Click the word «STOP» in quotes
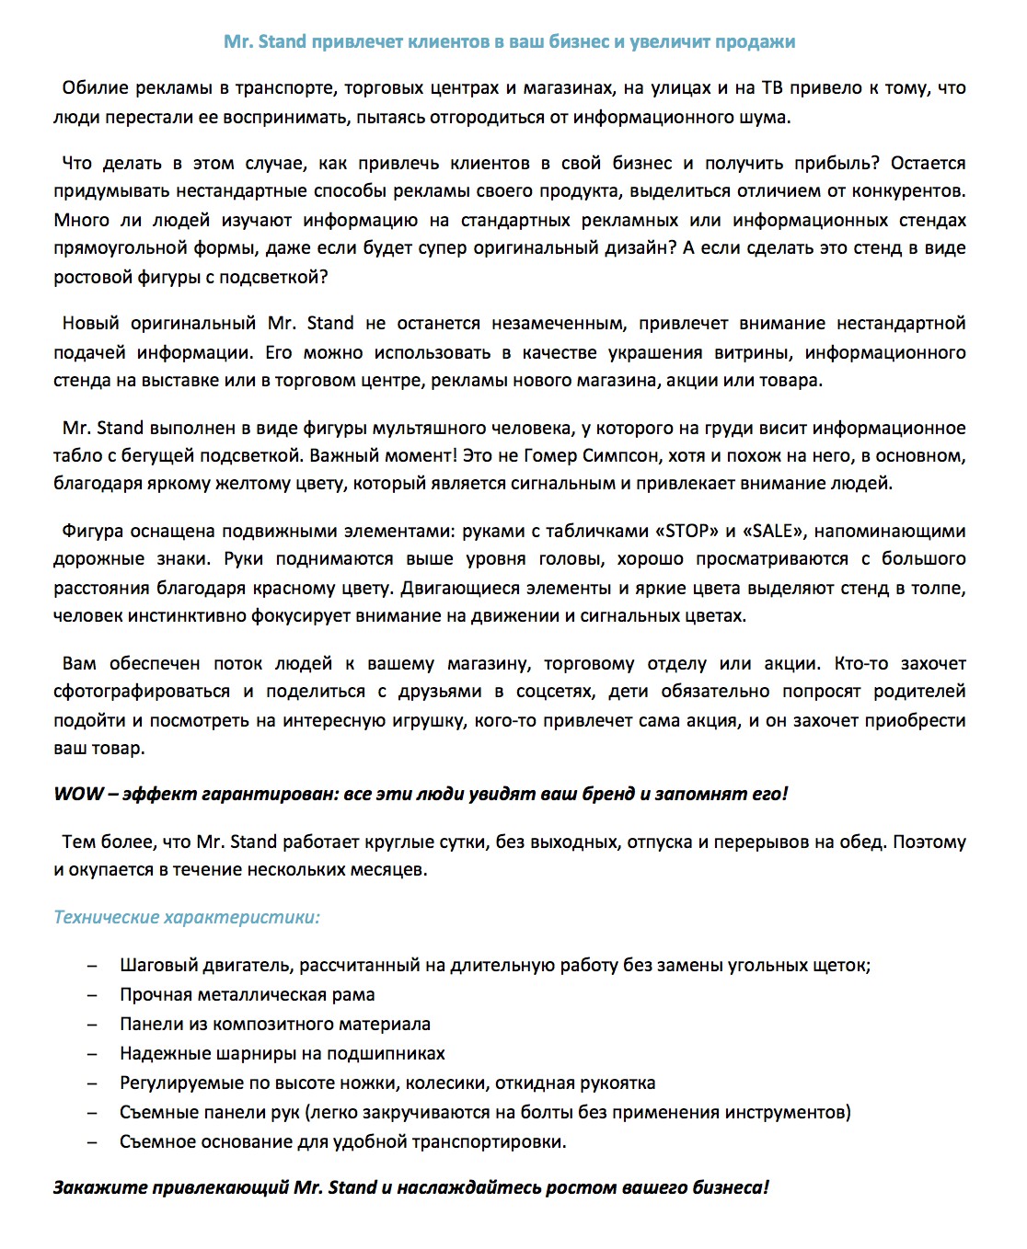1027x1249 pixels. pos(687,531)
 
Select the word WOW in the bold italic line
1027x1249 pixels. pos(78,794)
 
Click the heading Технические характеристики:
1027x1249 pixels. pos(187,917)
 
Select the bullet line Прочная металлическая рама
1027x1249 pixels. pos(247,994)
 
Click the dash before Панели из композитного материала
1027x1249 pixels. pos(92,1024)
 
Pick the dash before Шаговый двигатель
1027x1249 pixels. pos(92,965)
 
